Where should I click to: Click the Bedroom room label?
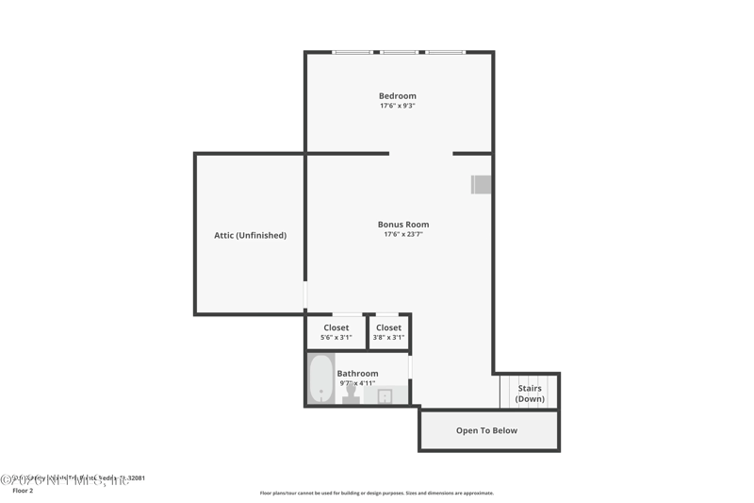click(x=397, y=96)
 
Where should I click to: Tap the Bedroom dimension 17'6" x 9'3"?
click(x=397, y=106)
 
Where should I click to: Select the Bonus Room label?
click(x=402, y=225)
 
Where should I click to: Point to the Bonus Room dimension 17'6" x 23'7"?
click(x=402, y=234)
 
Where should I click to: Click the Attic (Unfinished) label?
click(x=250, y=235)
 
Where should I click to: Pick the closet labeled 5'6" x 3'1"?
click(x=336, y=332)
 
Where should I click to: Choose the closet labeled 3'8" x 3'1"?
click(x=388, y=332)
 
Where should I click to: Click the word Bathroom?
click(x=357, y=374)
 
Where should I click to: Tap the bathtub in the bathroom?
click(x=321, y=378)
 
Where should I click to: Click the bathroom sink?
click(x=385, y=395)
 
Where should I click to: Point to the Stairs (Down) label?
click(x=530, y=393)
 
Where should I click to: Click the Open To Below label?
click(x=486, y=430)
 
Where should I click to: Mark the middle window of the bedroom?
click(x=399, y=52)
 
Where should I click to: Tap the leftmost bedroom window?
click(x=352, y=52)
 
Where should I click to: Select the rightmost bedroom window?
click(x=445, y=52)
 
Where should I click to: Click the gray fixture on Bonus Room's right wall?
click(x=481, y=184)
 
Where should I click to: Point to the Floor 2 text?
click(x=23, y=491)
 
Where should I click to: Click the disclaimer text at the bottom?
click(x=376, y=493)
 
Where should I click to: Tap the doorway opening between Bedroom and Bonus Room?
click(x=420, y=153)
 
